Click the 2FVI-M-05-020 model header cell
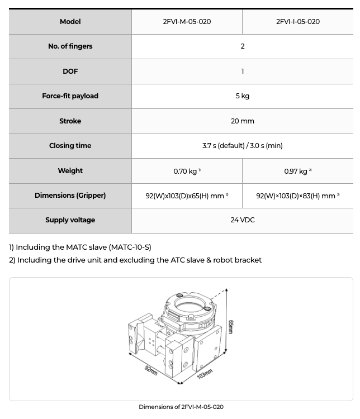pyautogui.click(x=187, y=22)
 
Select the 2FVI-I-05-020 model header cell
pyautogui.click(x=297, y=22)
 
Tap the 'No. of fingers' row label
pyautogui.click(x=70, y=46)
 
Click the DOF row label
pyautogui.click(x=70, y=72)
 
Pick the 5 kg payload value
pyautogui.click(x=242, y=96)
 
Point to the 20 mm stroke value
pyautogui.click(x=242, y=121)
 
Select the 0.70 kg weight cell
pyautogui.click(x=187, y=171)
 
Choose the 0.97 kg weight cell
pyautogui.click(x=297, y=171)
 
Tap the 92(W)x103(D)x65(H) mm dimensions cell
pyautogui.click(x=187, y=196)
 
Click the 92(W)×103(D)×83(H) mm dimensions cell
pyautogui.click(x=297, y=196)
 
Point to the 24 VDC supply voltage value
pyautogui.click(x=242, y=220)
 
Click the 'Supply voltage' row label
pyautogui.click(x=70, y=220)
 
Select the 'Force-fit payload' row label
pyautogui.click(x=70, y=96)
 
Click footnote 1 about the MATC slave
pyautogui.click(x=80, y=247)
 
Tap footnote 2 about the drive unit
pyautogui.click(x=135, y=260)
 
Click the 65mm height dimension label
pyautogui.click(x=230, y=327)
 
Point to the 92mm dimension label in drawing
pyautogui.click(x=151, y=370)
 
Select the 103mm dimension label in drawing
pyautogui.click(x=205, y=374)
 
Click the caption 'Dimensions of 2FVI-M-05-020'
pyautogui.click(x=181, y=407)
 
